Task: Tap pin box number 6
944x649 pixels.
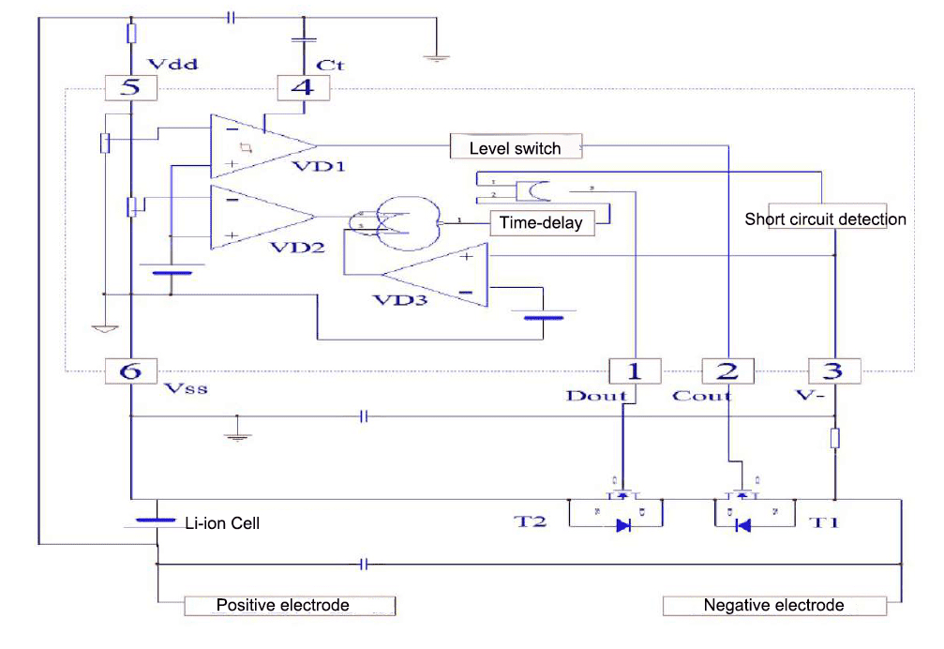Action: pyautogui.click(x=130, y=371)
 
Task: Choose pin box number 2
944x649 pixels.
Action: pyautogui.click(x=727, y=371)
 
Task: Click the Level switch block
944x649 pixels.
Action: pyautogui.click(x=515, y=148)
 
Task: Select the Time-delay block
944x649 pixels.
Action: pyautogui.click(x=541, y=222)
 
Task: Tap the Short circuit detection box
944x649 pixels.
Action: pyautogui.click(x=825, y=219)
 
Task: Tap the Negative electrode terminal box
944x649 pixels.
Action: pyautogui.click(x=773, y=605)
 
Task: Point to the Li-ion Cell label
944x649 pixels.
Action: pyautogui.click(x=221, y=523)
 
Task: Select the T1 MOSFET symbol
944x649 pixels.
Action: pyautogui.click(x=742, y=511)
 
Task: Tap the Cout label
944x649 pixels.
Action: pyautogui.click(x=701, y=396)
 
